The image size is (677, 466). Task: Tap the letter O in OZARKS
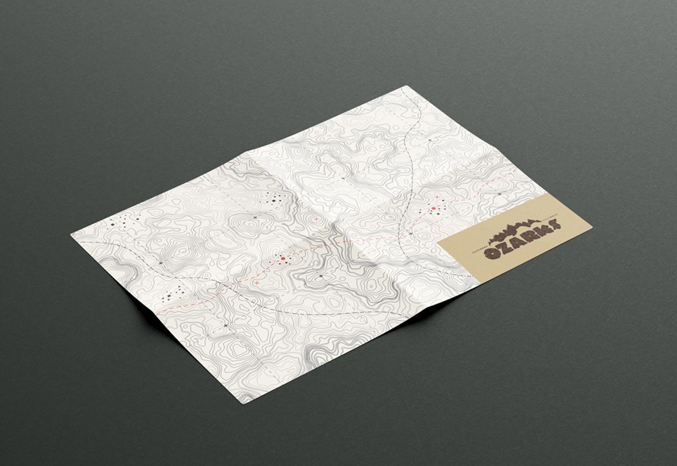click(493, 254)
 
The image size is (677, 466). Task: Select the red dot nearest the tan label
click(433, 208)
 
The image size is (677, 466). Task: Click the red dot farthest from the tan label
click(283, 258)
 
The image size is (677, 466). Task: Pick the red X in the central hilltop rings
click(316, 219)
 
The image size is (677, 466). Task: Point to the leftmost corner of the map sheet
click(71, 233)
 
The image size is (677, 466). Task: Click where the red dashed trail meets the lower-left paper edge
click(155, 313)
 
